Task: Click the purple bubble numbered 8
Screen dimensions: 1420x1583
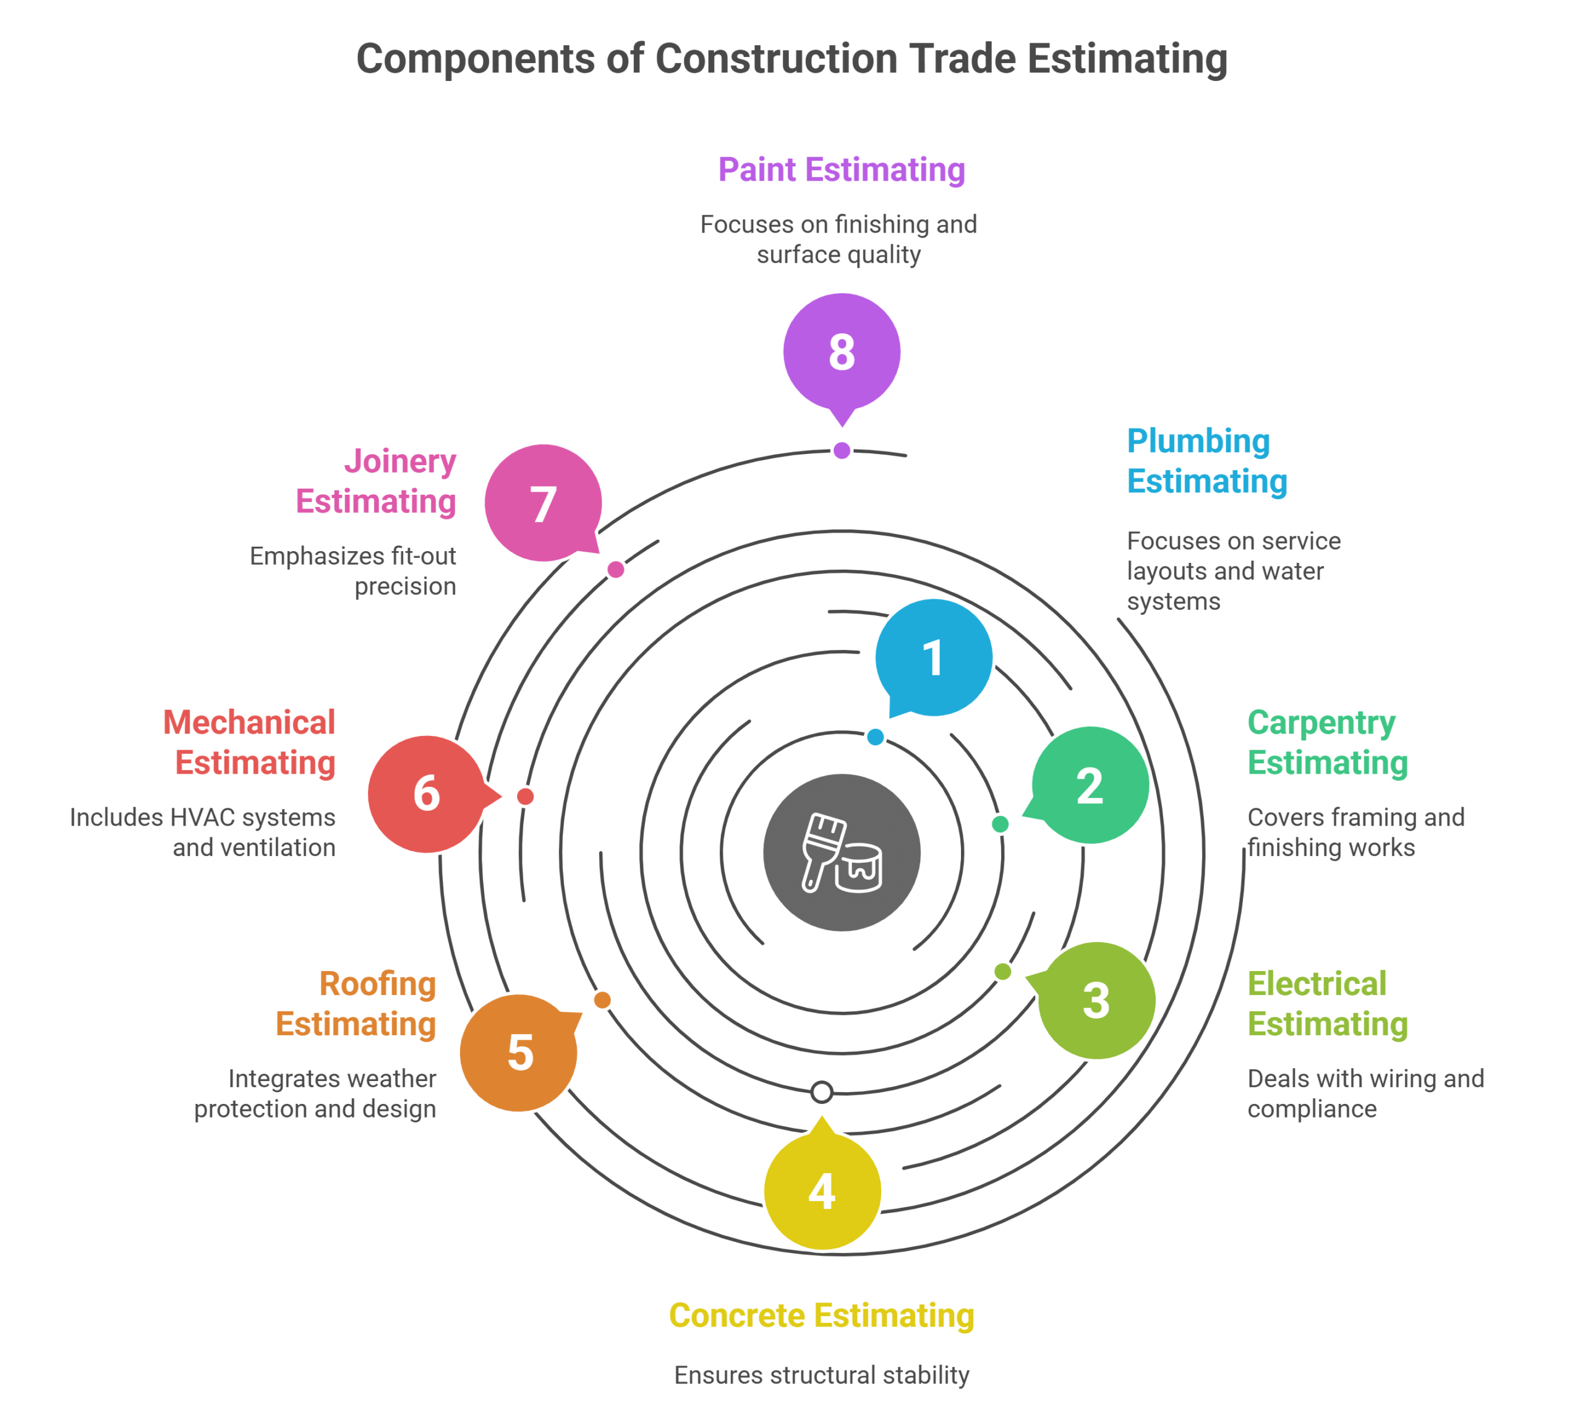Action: point(841,351)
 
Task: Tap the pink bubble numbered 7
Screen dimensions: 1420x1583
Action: point(542,503)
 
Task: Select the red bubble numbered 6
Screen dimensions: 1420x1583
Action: point(426,793)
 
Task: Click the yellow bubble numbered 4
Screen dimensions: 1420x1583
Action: point(822,1191)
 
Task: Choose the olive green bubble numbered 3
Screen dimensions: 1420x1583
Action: point(1096,999)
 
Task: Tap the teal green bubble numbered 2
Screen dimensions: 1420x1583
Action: point(1090,785)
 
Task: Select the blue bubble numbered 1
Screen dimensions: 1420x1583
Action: point(933,657)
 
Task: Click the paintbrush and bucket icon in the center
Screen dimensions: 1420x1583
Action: point(842,852)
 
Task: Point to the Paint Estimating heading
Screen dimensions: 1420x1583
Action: point(841,169)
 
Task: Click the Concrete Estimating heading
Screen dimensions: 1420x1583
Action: point(822,1315)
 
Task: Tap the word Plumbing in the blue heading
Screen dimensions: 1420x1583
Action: point(1198,441)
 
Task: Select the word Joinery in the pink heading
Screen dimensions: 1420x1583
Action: point(400,461)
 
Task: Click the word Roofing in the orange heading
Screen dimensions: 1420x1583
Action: point(378,983)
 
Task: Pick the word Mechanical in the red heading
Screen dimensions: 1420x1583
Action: point(249,722)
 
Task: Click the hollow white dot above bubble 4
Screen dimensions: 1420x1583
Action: point(822,1092)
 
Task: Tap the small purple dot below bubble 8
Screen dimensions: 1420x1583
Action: point(841,450)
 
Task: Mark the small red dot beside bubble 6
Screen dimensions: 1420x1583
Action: point(525,796)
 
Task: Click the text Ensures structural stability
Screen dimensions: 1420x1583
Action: point(822,1375)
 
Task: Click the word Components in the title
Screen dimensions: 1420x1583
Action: point(477,59)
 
